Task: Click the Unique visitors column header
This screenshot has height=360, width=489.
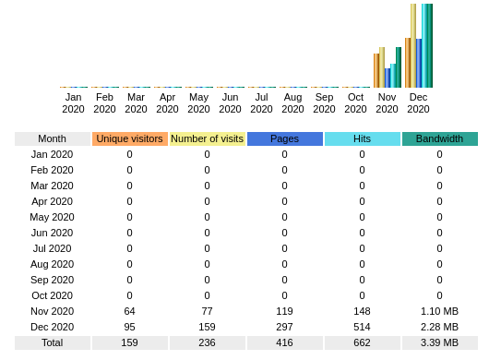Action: [x=129, y=138]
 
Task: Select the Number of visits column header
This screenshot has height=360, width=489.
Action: [x=207, y=138]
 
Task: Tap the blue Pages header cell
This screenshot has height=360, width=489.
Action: [x=284, y=138]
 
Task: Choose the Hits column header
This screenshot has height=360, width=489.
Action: [x=362, y=138]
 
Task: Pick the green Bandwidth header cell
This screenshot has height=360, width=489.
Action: [x=439, y=138]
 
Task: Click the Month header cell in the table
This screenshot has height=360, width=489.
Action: [x=52, y=138]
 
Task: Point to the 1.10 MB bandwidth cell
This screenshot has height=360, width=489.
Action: [x=439, y=311]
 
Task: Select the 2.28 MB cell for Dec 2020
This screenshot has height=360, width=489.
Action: [x=439, y=327]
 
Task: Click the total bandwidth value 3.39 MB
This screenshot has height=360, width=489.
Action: [x=439, y=342]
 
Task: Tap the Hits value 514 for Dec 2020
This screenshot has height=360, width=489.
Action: [x=362, y=327]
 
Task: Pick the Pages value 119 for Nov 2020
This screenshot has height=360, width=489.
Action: [x=284, y=311]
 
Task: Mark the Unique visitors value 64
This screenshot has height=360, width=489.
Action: [x=129, y=311]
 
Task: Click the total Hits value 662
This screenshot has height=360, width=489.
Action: [x=362, y=342]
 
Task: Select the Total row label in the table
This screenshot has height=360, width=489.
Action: [x=52, y=342]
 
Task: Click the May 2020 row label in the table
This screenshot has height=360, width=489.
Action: [x=52, y=217]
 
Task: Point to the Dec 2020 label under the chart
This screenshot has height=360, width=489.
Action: [x=418, y=102]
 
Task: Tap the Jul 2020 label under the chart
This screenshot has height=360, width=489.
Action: [x=261, y=102]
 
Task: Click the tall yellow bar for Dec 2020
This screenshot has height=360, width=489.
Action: [x=413, y=46]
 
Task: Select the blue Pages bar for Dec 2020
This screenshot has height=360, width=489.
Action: [x=419, y=63]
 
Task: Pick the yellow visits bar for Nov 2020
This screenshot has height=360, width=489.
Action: [x=382, y=67]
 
